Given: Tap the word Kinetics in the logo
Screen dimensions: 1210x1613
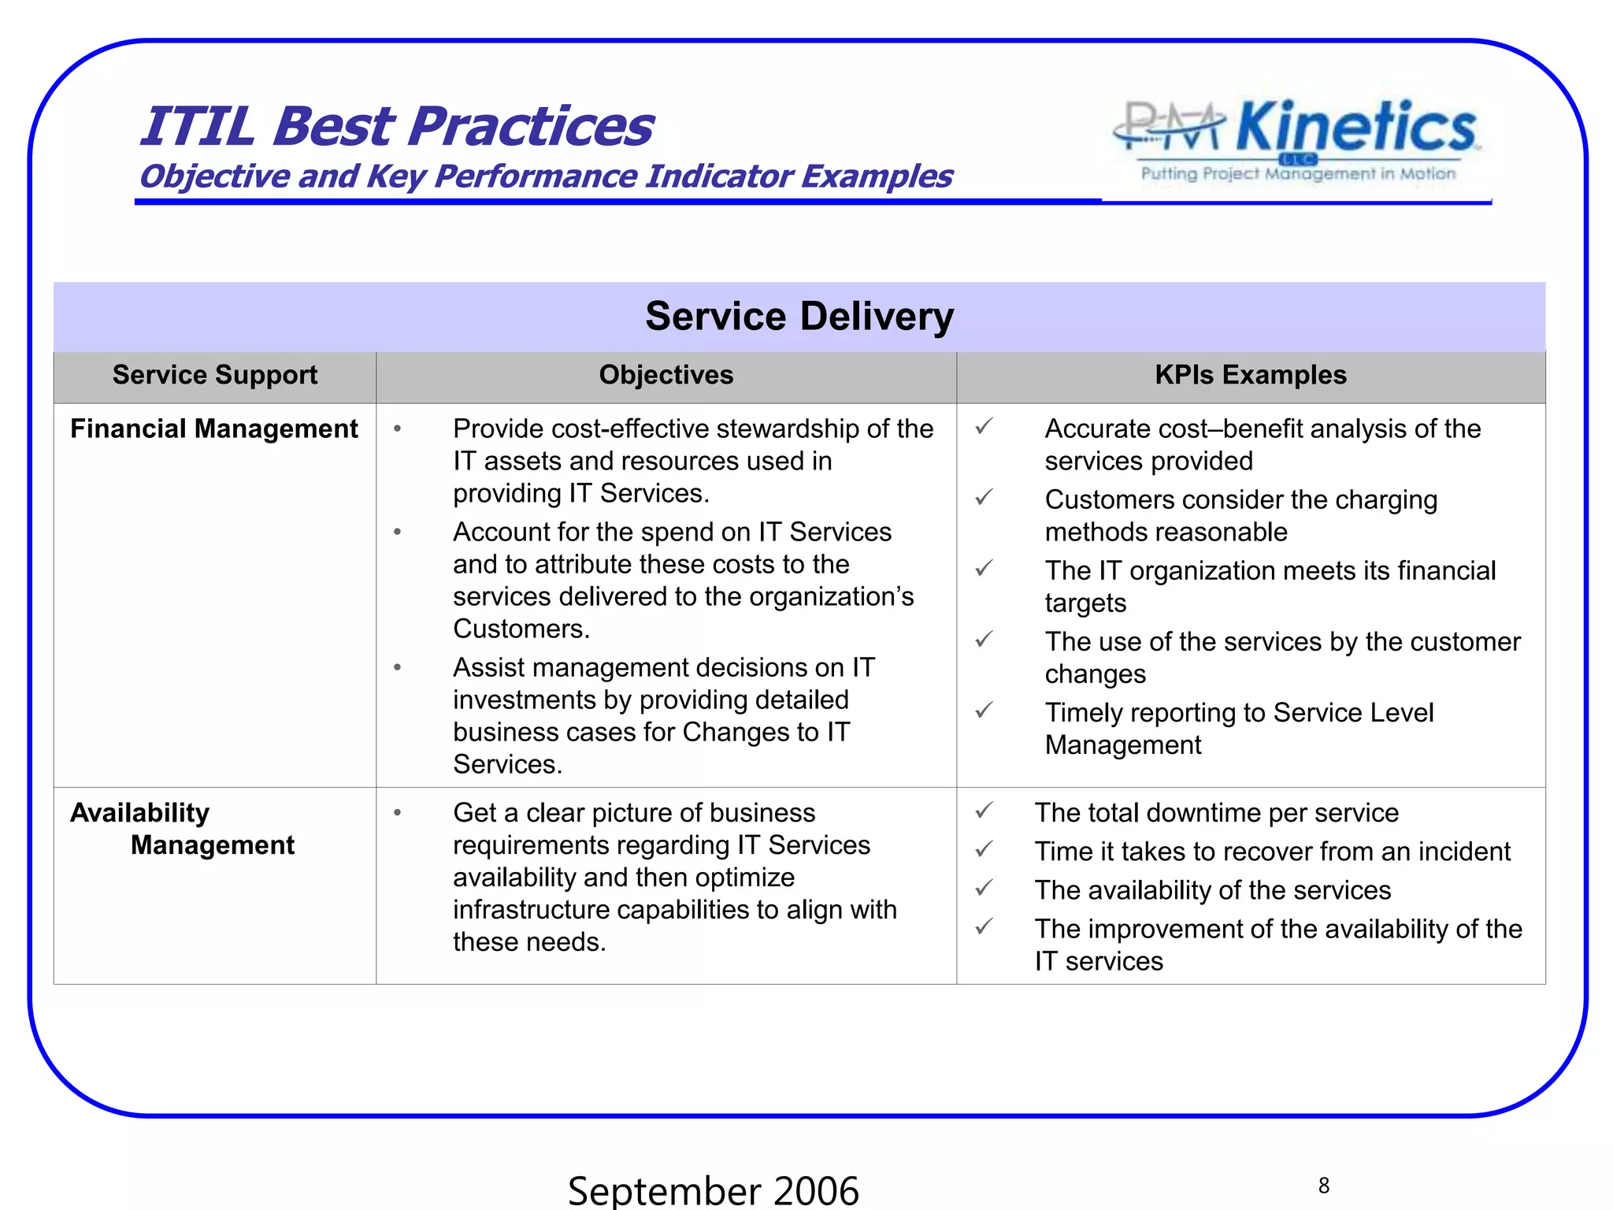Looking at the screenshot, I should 1355,128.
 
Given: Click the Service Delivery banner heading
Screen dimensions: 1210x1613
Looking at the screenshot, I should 799,316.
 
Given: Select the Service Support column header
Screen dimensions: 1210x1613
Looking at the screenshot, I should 214,375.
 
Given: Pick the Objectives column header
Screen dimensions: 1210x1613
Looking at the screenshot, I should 666,375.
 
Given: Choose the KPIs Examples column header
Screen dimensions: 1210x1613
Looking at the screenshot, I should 1250,375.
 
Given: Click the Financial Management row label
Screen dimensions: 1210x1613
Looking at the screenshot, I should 213,429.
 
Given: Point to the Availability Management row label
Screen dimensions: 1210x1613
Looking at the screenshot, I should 181,829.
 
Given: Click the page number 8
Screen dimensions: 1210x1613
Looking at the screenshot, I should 1323,1186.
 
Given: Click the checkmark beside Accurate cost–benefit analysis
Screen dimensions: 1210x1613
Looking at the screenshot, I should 984,427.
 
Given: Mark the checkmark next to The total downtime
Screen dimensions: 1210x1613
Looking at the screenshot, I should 984,811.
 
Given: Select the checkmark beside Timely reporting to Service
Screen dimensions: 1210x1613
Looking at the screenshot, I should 984,711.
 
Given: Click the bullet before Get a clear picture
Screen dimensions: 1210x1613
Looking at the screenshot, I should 398,813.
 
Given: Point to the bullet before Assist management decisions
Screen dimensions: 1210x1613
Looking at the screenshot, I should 398,668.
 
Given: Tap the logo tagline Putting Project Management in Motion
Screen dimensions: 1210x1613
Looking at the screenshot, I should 1298,174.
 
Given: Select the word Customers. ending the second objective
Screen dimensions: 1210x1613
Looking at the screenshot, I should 521,629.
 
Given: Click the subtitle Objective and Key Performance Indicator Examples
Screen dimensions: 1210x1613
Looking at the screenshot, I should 545,176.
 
